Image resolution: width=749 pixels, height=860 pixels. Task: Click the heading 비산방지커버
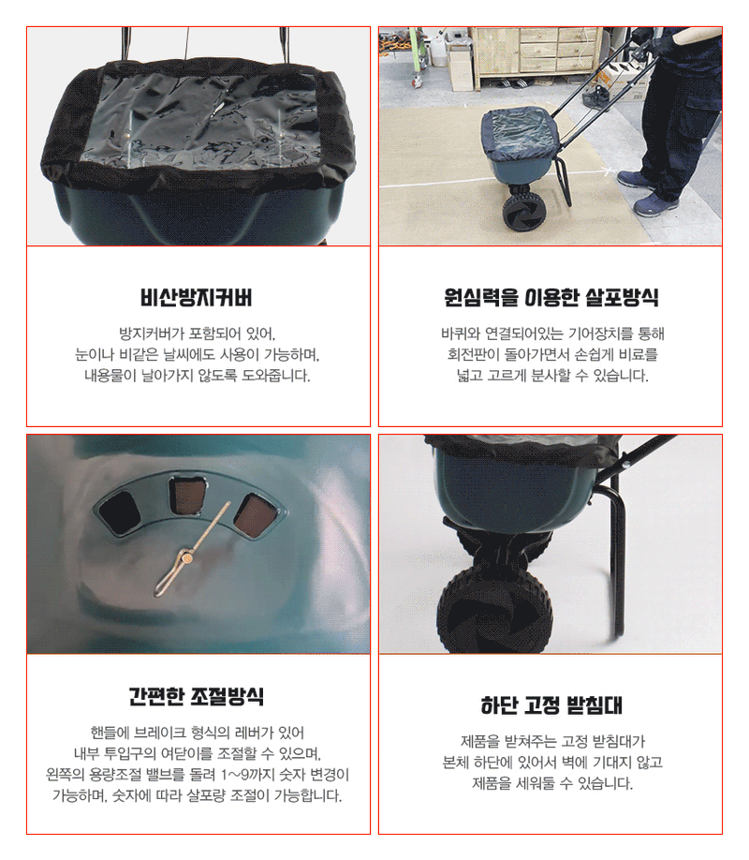pos(198,299)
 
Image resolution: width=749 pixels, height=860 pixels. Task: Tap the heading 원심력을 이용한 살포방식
pos(551,299)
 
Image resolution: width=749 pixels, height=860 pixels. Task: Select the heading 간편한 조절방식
pos(198,697)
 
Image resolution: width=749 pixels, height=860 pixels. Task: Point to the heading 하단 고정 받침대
pos(551,705)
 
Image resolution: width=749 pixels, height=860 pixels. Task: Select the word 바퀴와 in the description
pos(461,334)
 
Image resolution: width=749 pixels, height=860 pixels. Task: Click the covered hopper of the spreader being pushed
pos(520,141)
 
